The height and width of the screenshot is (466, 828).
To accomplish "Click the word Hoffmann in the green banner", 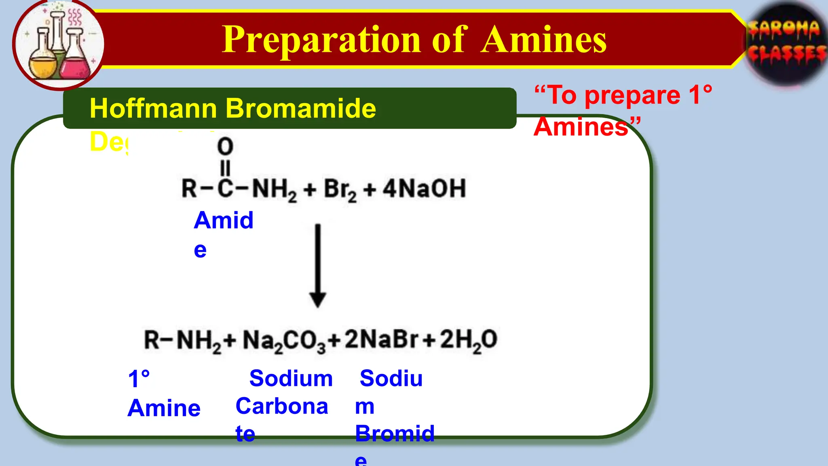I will click(154, 108).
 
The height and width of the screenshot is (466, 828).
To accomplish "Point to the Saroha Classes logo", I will click(786, 42).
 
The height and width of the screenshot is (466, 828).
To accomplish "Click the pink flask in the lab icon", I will click(75, 61).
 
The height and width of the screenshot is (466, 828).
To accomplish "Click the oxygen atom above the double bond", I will click(225, 146).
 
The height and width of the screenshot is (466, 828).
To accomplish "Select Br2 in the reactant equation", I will click(340, 189).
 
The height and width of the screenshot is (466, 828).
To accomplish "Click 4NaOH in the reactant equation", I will click(424, 189).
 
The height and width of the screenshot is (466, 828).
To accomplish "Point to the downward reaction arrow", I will click(318, 265).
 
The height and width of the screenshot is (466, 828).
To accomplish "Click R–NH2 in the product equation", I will click(182, 340).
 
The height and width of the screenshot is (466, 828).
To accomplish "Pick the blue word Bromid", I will click(395, 433).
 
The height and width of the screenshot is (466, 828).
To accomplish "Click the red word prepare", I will click(632, 95).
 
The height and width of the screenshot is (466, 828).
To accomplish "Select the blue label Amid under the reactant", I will click(224, 220).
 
